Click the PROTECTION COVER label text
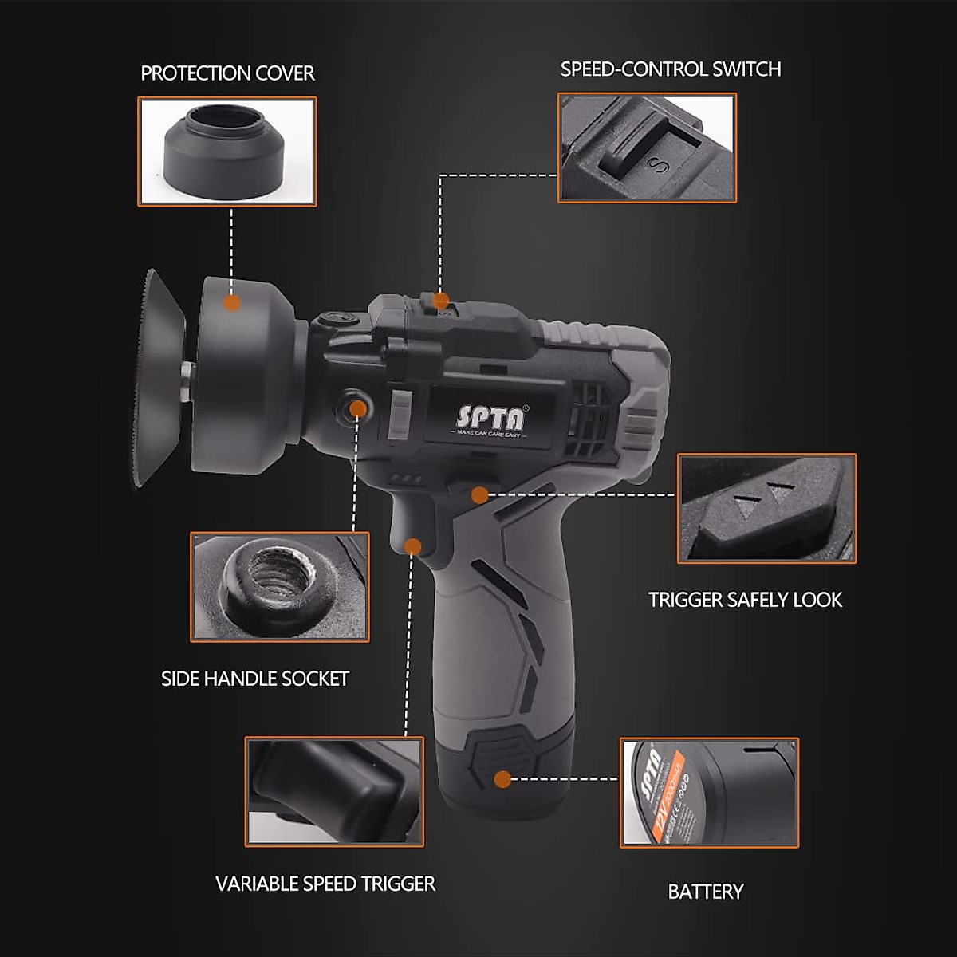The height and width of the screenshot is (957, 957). click(x=227, y=73)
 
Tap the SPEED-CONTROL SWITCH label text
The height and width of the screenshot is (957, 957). click(x=670, y=69)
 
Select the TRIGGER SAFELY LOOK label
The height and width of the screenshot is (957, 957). click(x=745, y=600)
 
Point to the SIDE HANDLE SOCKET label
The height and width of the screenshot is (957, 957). click(x=255, y=679)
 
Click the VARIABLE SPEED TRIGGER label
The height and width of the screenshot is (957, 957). click(x=325, y=884)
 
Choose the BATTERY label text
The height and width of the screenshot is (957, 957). click(x=705, y=892)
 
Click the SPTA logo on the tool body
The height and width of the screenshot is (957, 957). click(x=490, y=417)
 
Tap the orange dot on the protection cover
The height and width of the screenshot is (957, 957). click(x=232, y=303)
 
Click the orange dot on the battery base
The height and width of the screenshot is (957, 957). click(x=502, y=779)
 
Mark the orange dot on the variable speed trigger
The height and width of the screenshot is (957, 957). click(x=412, y=546)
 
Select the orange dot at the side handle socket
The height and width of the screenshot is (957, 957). click(x=358, y=410)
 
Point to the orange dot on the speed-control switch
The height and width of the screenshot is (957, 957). click(x=440, y=301)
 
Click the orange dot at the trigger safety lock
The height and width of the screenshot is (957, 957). click(x=479, y=495)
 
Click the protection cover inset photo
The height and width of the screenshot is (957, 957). click(x=227, y=152)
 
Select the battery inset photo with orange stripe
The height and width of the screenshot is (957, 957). click(x=709, y=792)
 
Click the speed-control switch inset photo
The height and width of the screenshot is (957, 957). click(x=647, y=148)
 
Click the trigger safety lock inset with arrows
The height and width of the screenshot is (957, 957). click(x=766, y=509)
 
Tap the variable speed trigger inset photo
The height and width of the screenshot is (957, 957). click(x=334, y=791)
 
